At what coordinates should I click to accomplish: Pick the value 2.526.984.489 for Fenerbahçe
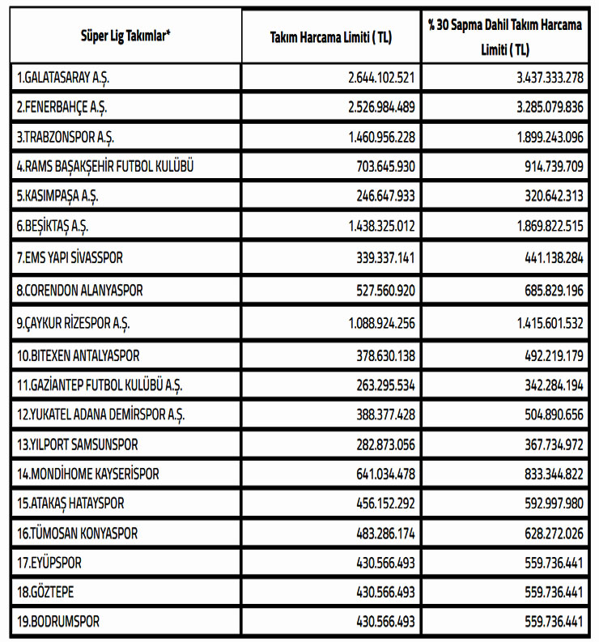click(381, 107)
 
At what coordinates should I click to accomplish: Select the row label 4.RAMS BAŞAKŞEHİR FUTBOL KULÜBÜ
click(105, 168)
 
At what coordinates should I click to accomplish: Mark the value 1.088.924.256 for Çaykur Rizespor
click(381, 323)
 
